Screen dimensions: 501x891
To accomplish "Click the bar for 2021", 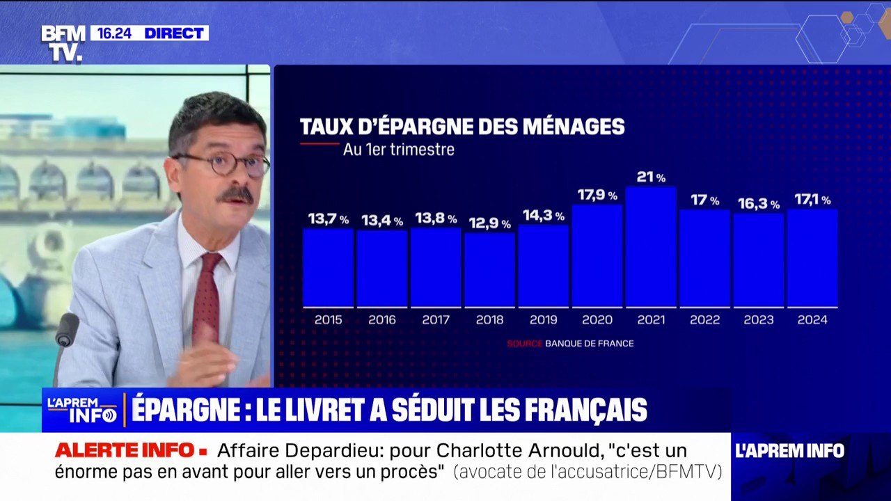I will pos(651,247).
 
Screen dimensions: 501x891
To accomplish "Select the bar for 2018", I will pos(489,270).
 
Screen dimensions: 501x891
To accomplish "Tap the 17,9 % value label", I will pos(597,196).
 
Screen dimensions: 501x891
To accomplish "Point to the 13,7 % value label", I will pos(329,219).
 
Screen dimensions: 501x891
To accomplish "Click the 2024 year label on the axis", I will pos(812,320).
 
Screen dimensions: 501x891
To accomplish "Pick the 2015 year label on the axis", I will pos(329,320).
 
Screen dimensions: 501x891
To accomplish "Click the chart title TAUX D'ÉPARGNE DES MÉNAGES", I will pos(462,127).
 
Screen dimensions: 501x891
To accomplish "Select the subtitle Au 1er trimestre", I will pos(398,150).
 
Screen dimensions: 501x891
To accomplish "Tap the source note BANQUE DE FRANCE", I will pos(589,344).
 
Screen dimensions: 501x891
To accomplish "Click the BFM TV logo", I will pos(63,43).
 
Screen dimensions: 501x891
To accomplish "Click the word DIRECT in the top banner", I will pos(173,33).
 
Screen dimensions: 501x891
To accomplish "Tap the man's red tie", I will pos(207,299).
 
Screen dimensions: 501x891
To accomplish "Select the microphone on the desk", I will pos(67,331).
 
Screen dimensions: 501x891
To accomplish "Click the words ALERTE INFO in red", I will pos(125,450).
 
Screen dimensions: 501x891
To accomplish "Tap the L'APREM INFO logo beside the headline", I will pos(82,410).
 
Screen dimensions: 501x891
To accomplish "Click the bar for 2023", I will pos(758,260).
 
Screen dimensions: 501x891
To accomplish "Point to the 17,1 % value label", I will pos(812,200).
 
